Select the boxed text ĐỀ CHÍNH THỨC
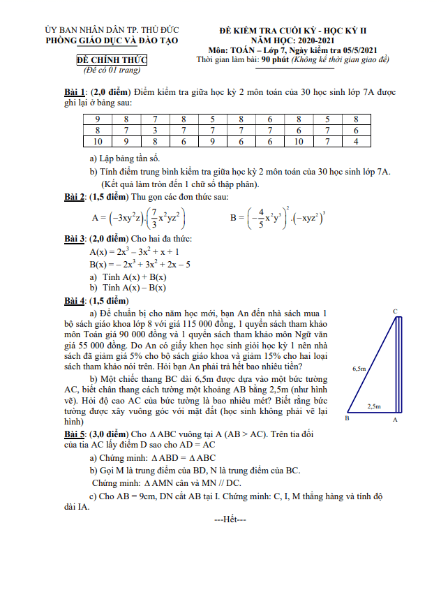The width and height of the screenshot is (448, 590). pos(112,61)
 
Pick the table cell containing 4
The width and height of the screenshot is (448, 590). pos(356,142)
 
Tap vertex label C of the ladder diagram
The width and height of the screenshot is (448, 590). pos(395,311)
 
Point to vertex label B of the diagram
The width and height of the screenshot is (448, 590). pos(347,419)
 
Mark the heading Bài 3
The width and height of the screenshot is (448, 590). pos(75,239)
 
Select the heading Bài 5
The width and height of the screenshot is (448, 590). pos(75,434)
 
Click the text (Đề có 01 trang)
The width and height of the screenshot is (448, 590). pos(112,71)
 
